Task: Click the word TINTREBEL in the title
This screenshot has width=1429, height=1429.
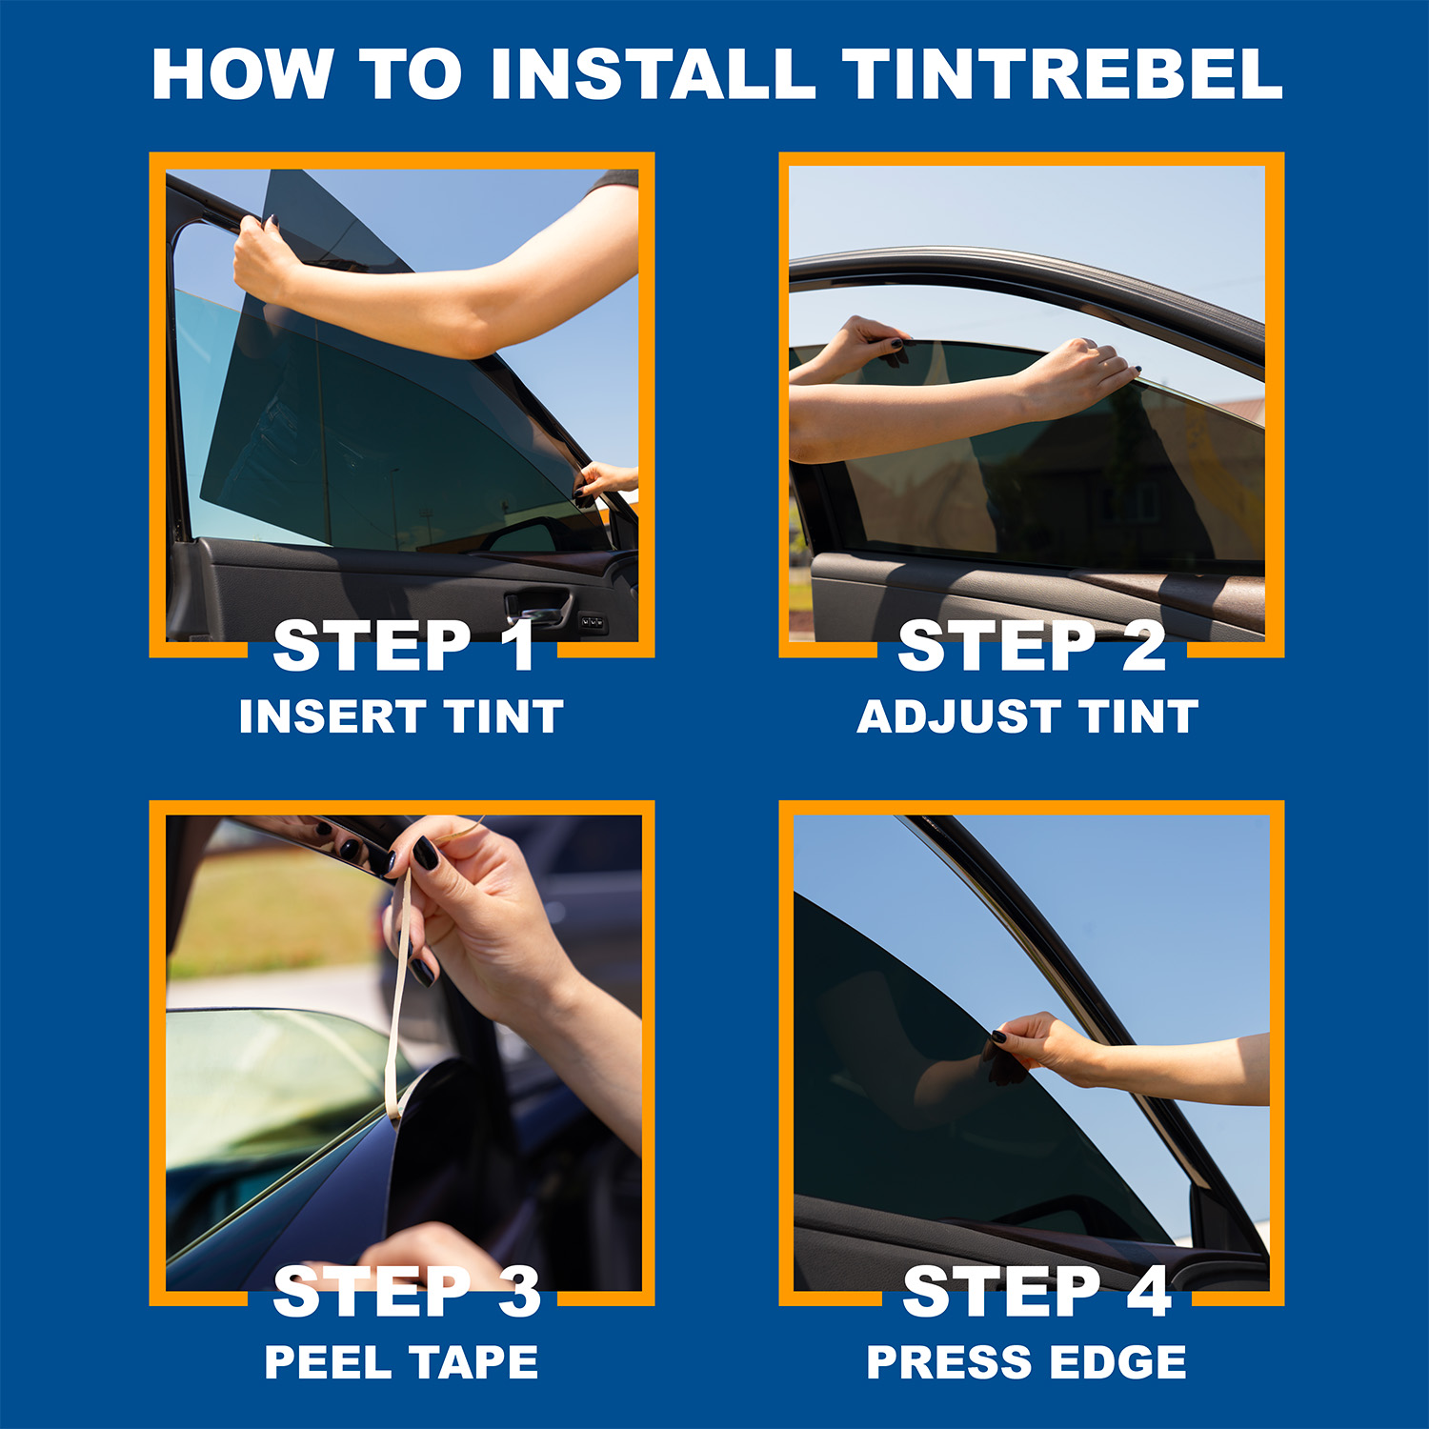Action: [x=1062, y=73]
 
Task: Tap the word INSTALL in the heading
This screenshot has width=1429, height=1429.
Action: [x=653, y=73]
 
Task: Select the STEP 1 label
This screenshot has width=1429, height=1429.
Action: [x=404, y=646]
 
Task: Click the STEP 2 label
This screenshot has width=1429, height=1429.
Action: [x=1032, y=646]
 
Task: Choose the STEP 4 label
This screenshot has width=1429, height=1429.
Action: [x=1037, y=1292]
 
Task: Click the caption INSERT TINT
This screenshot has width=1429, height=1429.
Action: [x=401, y=716]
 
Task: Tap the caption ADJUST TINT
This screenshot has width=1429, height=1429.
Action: [x=1027, y=716]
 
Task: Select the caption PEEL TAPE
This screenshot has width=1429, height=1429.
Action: [x=401, y=1362]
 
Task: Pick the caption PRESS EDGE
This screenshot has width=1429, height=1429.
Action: [x=1027, y=1362]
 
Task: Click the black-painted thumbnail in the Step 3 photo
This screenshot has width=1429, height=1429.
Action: [x=426, y=853]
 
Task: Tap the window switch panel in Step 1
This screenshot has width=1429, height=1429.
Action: [x=593, y=623]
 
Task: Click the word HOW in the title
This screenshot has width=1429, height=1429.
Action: [x=243, y=73]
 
